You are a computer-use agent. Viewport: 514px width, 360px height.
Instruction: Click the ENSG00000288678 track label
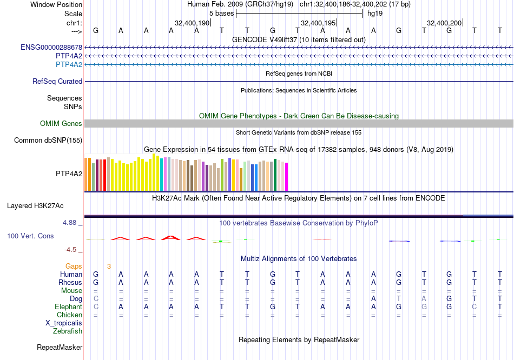pyautogui.click(x=51, y=48)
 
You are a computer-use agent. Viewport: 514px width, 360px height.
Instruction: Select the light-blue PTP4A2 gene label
pyautogui.click(x=69, y=65)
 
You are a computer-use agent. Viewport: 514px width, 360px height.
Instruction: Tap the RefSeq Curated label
pyautogui.click(x=57, y=82)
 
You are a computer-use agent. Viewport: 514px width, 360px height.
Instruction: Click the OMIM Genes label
pyautogui.click(x=61, y=124)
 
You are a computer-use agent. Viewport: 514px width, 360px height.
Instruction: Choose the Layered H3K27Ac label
pyautogui.click(x=35, y=206)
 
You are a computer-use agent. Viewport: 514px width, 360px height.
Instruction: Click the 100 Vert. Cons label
pyautogui.click(x=30, y=236)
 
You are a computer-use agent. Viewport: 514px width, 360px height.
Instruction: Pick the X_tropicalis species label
pyautogui.click(x=64, y=323)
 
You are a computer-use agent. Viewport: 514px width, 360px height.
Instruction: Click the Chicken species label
pyautogui.click(x=70, y=315)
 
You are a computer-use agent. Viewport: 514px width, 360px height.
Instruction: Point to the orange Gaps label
pyautogui.click(x=74, y=266)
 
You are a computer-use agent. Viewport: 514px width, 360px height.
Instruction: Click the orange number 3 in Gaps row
pyautogui.click(x=109, y=266)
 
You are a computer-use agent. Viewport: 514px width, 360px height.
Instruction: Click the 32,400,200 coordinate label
pyautogui.click(x=444, y=23)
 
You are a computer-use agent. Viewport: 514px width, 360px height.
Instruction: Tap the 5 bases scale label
pyautogui.click(x=221, y=14)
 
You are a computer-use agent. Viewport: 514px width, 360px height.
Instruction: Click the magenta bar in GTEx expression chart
pyautogui.click(x=286, y=177)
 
